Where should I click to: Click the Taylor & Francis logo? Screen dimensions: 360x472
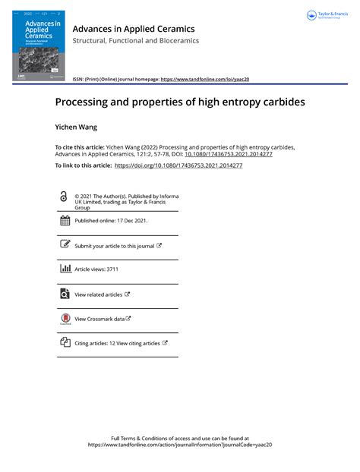pos(327,16)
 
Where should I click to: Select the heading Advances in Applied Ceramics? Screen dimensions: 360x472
pos(133,29)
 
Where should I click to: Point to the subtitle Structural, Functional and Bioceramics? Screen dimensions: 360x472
pos(135,41)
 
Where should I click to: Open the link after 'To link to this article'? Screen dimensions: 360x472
pos(178,165)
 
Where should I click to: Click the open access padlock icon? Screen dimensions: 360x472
pos(64,197)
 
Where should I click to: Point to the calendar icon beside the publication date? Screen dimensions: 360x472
pos(65,221)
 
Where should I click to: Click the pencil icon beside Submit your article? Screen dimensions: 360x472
pos(65,245)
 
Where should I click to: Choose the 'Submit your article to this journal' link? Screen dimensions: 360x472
pos(115,246)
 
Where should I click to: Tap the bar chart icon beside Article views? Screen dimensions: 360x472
pos(65,269)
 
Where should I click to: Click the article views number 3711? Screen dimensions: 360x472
pos(112,269)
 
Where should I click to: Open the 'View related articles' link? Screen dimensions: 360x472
pos(99,294)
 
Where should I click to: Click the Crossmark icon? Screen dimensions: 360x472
pos(65,319)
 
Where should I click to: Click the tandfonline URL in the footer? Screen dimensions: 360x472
pos(180,445)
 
